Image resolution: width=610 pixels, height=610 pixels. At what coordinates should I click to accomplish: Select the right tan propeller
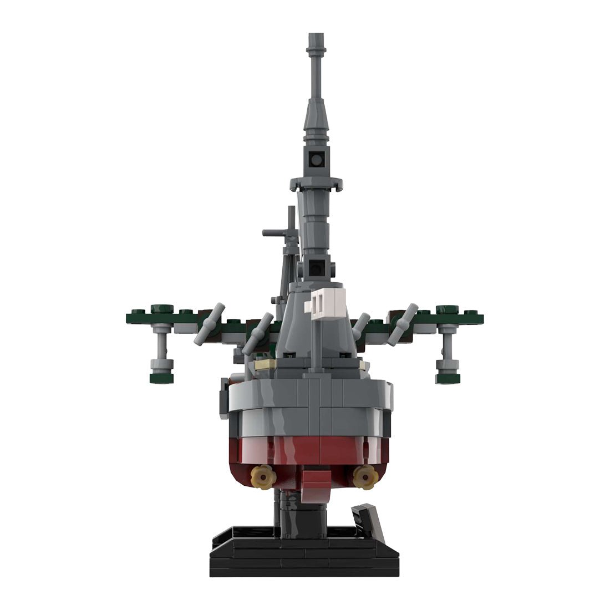[x=364, y=475]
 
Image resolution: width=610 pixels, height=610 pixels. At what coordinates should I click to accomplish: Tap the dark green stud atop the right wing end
[x=445, y=308]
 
